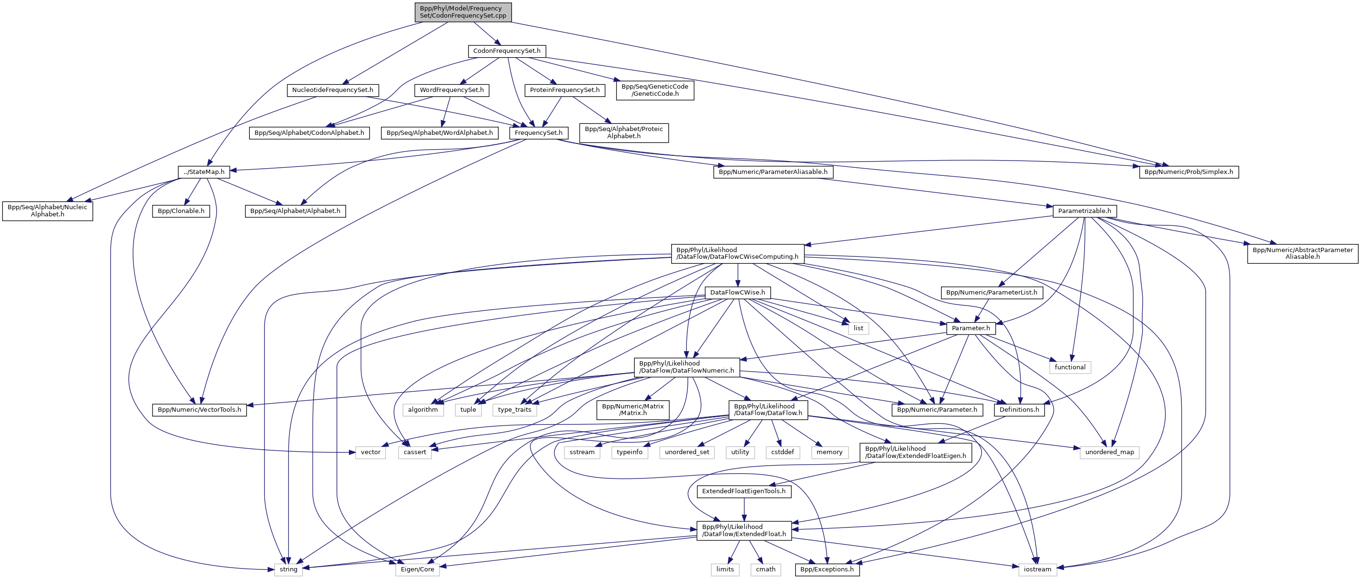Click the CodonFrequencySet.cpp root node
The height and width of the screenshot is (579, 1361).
coord(463,12)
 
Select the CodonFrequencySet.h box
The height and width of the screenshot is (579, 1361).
coord(507,51)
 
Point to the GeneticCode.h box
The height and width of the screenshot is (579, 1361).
coord(655,91)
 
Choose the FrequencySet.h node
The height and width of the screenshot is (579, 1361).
coord(538,133)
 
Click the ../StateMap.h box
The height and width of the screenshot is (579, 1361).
coord(204,172)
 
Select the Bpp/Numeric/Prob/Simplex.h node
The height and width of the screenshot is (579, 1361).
coord(1189,172)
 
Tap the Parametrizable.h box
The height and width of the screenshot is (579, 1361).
coord(1084,211)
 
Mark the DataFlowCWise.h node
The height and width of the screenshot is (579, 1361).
coord(737,293)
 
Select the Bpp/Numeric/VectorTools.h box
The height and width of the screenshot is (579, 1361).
coord(199,410)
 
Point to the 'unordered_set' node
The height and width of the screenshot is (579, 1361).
coord(687,452)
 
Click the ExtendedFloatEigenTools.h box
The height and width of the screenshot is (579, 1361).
coord(743,491)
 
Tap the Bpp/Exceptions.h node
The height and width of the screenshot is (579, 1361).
coord(827,569)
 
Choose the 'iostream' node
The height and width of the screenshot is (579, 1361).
coord(1037,569)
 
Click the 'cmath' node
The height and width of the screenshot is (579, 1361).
coord(766,569)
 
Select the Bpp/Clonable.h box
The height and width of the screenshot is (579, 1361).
coord(181,211)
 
